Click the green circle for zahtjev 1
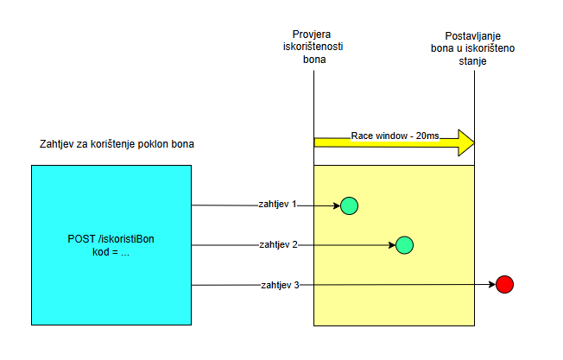click(x=349, y=205)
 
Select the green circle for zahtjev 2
click(x=404, y=244)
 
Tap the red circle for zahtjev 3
click(x=505, y=284)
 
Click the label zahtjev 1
click(x=277, y=205)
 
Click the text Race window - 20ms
click(x=395, y=136)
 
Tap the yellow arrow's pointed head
click(x=466, y=140)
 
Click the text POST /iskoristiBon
click(x=111, y=238)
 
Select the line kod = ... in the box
click(x=111, y=252)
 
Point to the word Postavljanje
click(x=473, y=35)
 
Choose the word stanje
click(x=474, y=62)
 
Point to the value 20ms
click(x=426, y=136)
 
